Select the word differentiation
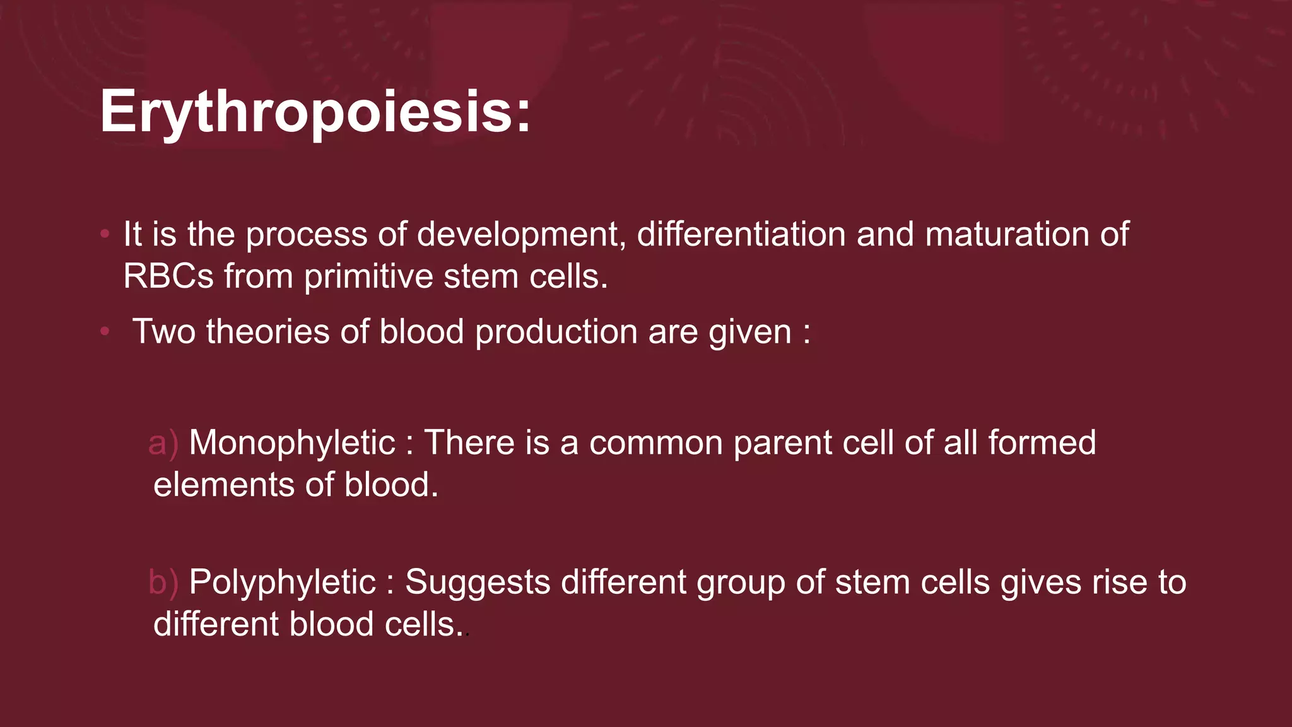pyautogui.click(x=741, y=235)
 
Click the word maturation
pyautogui.click(x=1007, y=235)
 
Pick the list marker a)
pyautogui.click(x=163, y=443)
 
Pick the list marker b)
pyautogui.click(x=163, y=582)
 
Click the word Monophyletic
pyautogui.click(x=291, y=443)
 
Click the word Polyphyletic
pyautogui.click(x=282, y=582)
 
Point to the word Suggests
pyautogui.click(x=478, y=582)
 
